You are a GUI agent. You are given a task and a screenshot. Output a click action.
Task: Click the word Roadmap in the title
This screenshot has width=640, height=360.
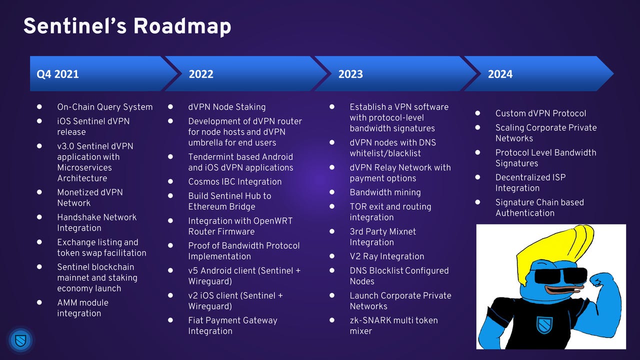(182, 26)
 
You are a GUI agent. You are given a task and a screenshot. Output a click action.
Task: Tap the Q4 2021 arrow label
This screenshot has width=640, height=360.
(57, 74)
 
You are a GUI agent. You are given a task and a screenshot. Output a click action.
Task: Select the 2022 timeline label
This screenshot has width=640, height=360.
(201, 74)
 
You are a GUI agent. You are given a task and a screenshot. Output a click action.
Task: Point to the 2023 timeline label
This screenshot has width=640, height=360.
(350, 74)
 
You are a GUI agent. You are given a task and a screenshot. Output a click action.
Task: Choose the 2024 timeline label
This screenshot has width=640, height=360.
(500, 74)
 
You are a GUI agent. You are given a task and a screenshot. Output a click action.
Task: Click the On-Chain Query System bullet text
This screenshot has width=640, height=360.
(105, 107)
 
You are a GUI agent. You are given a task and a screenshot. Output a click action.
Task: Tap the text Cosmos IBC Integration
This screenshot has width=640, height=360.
(235, 181)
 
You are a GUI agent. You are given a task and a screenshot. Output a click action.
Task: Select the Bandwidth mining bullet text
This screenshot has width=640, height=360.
(385, 192)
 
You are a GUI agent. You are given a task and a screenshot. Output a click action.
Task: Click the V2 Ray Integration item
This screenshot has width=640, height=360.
(387, 256)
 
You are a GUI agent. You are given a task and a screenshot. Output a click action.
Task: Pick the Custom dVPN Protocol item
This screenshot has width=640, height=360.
(540, 113)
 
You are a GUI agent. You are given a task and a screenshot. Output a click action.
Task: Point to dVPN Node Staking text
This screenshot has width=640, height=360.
(227, 107)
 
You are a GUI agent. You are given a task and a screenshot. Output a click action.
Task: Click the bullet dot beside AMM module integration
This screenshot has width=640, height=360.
(39, 302)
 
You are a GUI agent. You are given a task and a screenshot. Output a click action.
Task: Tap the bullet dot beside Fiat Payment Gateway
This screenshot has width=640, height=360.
(170, 320)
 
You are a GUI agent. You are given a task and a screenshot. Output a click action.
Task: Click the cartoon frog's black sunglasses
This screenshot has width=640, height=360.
(560, 275)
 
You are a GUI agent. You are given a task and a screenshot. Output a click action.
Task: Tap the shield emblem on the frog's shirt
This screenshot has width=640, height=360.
(544, 325)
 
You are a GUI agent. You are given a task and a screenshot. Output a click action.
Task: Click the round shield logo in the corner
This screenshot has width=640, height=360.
(20, 340)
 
